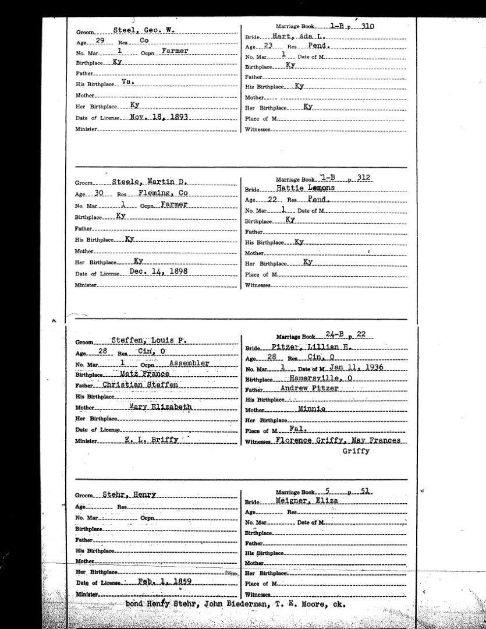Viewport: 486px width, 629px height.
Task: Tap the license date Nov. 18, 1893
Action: coord(157,117)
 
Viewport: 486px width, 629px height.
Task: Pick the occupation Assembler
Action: coord(188,363)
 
